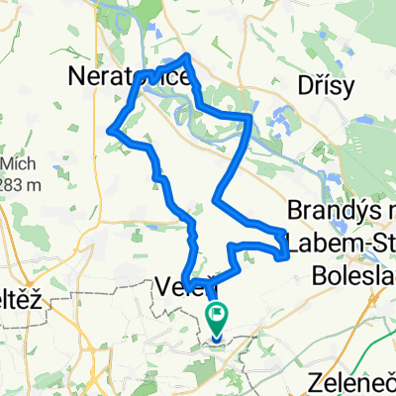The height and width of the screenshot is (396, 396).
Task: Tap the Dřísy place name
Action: coord(326,86)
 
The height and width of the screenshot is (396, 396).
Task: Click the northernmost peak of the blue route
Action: coord(187,55)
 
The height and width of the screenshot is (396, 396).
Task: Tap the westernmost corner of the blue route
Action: coord(109,130)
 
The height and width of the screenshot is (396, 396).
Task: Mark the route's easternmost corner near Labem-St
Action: coord(287,257)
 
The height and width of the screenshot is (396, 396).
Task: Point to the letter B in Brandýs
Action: coord(294,211)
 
